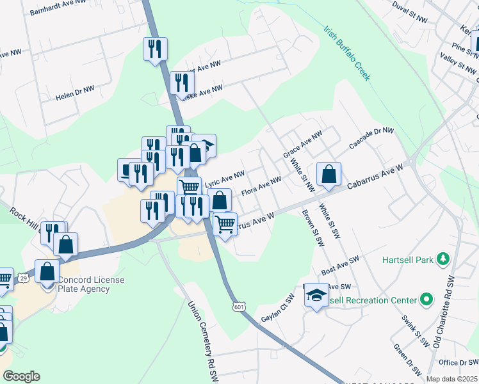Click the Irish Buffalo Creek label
click(x=348, y=53)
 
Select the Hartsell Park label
click(x=409, y=260)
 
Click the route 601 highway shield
click(x=239, y=308)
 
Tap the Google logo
click(x=21, y=376)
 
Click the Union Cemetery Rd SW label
click(x=202, y=339)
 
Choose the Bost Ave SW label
click(x=340, y=268)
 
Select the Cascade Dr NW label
click(x=371, y=139)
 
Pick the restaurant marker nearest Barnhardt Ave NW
click(x=155, y=49)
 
